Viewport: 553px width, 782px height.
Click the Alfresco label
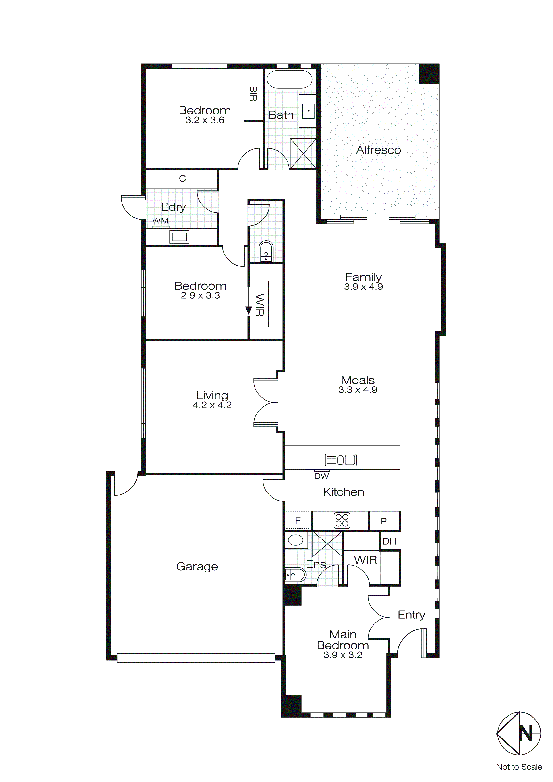click(378, 150)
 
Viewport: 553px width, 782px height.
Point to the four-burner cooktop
click(342, 520)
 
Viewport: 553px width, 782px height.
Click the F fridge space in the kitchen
click(298, 520)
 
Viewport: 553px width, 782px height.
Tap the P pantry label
click(384, 521)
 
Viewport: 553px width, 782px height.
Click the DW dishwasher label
click(321, 476)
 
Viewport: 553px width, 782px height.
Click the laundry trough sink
click(179, 236)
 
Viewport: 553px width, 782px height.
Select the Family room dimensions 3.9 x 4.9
click(363, 287)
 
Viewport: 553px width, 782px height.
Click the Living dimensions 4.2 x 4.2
click(212, 405)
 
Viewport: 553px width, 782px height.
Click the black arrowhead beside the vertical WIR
click(249, 310)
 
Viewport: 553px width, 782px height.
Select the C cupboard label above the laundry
click(182, 179)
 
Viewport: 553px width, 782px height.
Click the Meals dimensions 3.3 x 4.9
click(358, 390)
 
